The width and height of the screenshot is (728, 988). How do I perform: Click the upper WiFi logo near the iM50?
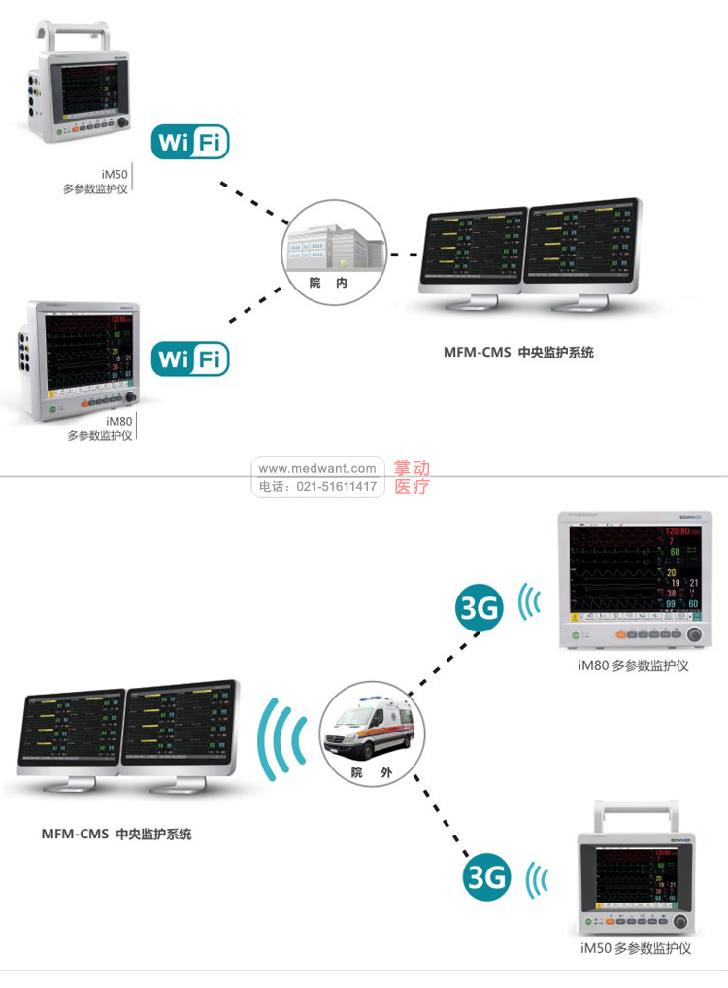tap(190, 144)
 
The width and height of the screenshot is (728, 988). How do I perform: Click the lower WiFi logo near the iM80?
tap(190, 359)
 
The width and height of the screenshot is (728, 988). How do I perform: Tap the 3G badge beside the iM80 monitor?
tap(480, 609)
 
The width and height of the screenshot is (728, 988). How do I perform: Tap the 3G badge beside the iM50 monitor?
tap(486, 877)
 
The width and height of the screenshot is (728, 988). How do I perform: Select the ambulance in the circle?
tap(371, 730)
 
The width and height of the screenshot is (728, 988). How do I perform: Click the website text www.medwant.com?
tap(317, 468)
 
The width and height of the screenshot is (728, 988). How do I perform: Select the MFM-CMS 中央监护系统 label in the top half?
tap(518, 353)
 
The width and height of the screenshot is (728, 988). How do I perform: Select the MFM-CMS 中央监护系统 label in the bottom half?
tap(116, 834)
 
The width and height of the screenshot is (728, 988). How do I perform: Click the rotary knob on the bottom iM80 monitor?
tap(695, 634)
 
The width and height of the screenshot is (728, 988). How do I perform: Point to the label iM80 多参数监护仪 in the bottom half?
tap(633, 666)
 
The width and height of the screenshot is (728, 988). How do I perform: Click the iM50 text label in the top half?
tap(115, 176)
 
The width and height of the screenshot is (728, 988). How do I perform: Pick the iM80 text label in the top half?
tap(118, 421)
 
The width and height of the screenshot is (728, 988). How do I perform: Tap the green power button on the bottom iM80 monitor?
tap(575, 635)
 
